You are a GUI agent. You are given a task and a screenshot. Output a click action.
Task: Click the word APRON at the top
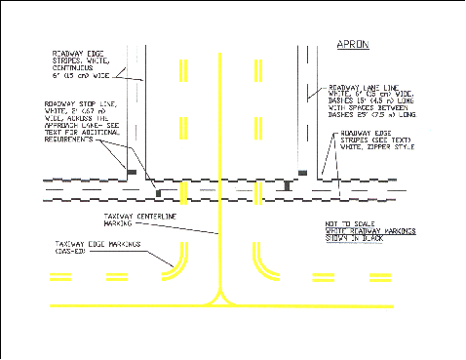click(353, 45)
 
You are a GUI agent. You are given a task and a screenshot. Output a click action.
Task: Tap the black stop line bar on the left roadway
click(131, 172)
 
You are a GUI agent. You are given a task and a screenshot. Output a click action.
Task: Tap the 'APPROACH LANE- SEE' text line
click(82, 128)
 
